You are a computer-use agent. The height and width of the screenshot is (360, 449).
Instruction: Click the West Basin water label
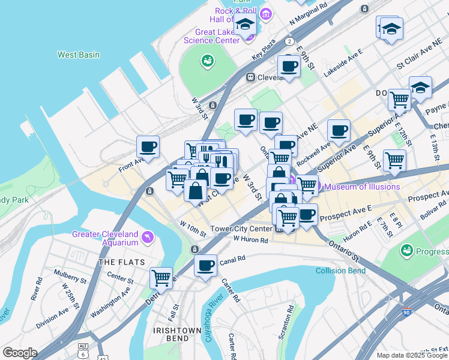[x=79, y=55]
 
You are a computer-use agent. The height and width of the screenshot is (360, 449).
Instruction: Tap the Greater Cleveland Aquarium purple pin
[x=148, y=239]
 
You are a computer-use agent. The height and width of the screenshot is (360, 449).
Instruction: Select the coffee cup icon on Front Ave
[x=148, y=146]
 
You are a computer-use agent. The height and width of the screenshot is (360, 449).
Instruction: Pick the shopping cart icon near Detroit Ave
[x=161, y=278]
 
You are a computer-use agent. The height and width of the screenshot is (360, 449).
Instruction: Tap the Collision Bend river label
[x=341, y=271]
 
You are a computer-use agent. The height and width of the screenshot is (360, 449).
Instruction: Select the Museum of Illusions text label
[x=362, y=187]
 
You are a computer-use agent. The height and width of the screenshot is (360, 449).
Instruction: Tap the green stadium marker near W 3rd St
[x=208, y=61]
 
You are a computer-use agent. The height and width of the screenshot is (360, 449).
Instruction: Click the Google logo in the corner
[x=19, y=353]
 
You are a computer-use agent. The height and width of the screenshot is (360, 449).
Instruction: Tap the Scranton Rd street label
[x=290, y=320]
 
